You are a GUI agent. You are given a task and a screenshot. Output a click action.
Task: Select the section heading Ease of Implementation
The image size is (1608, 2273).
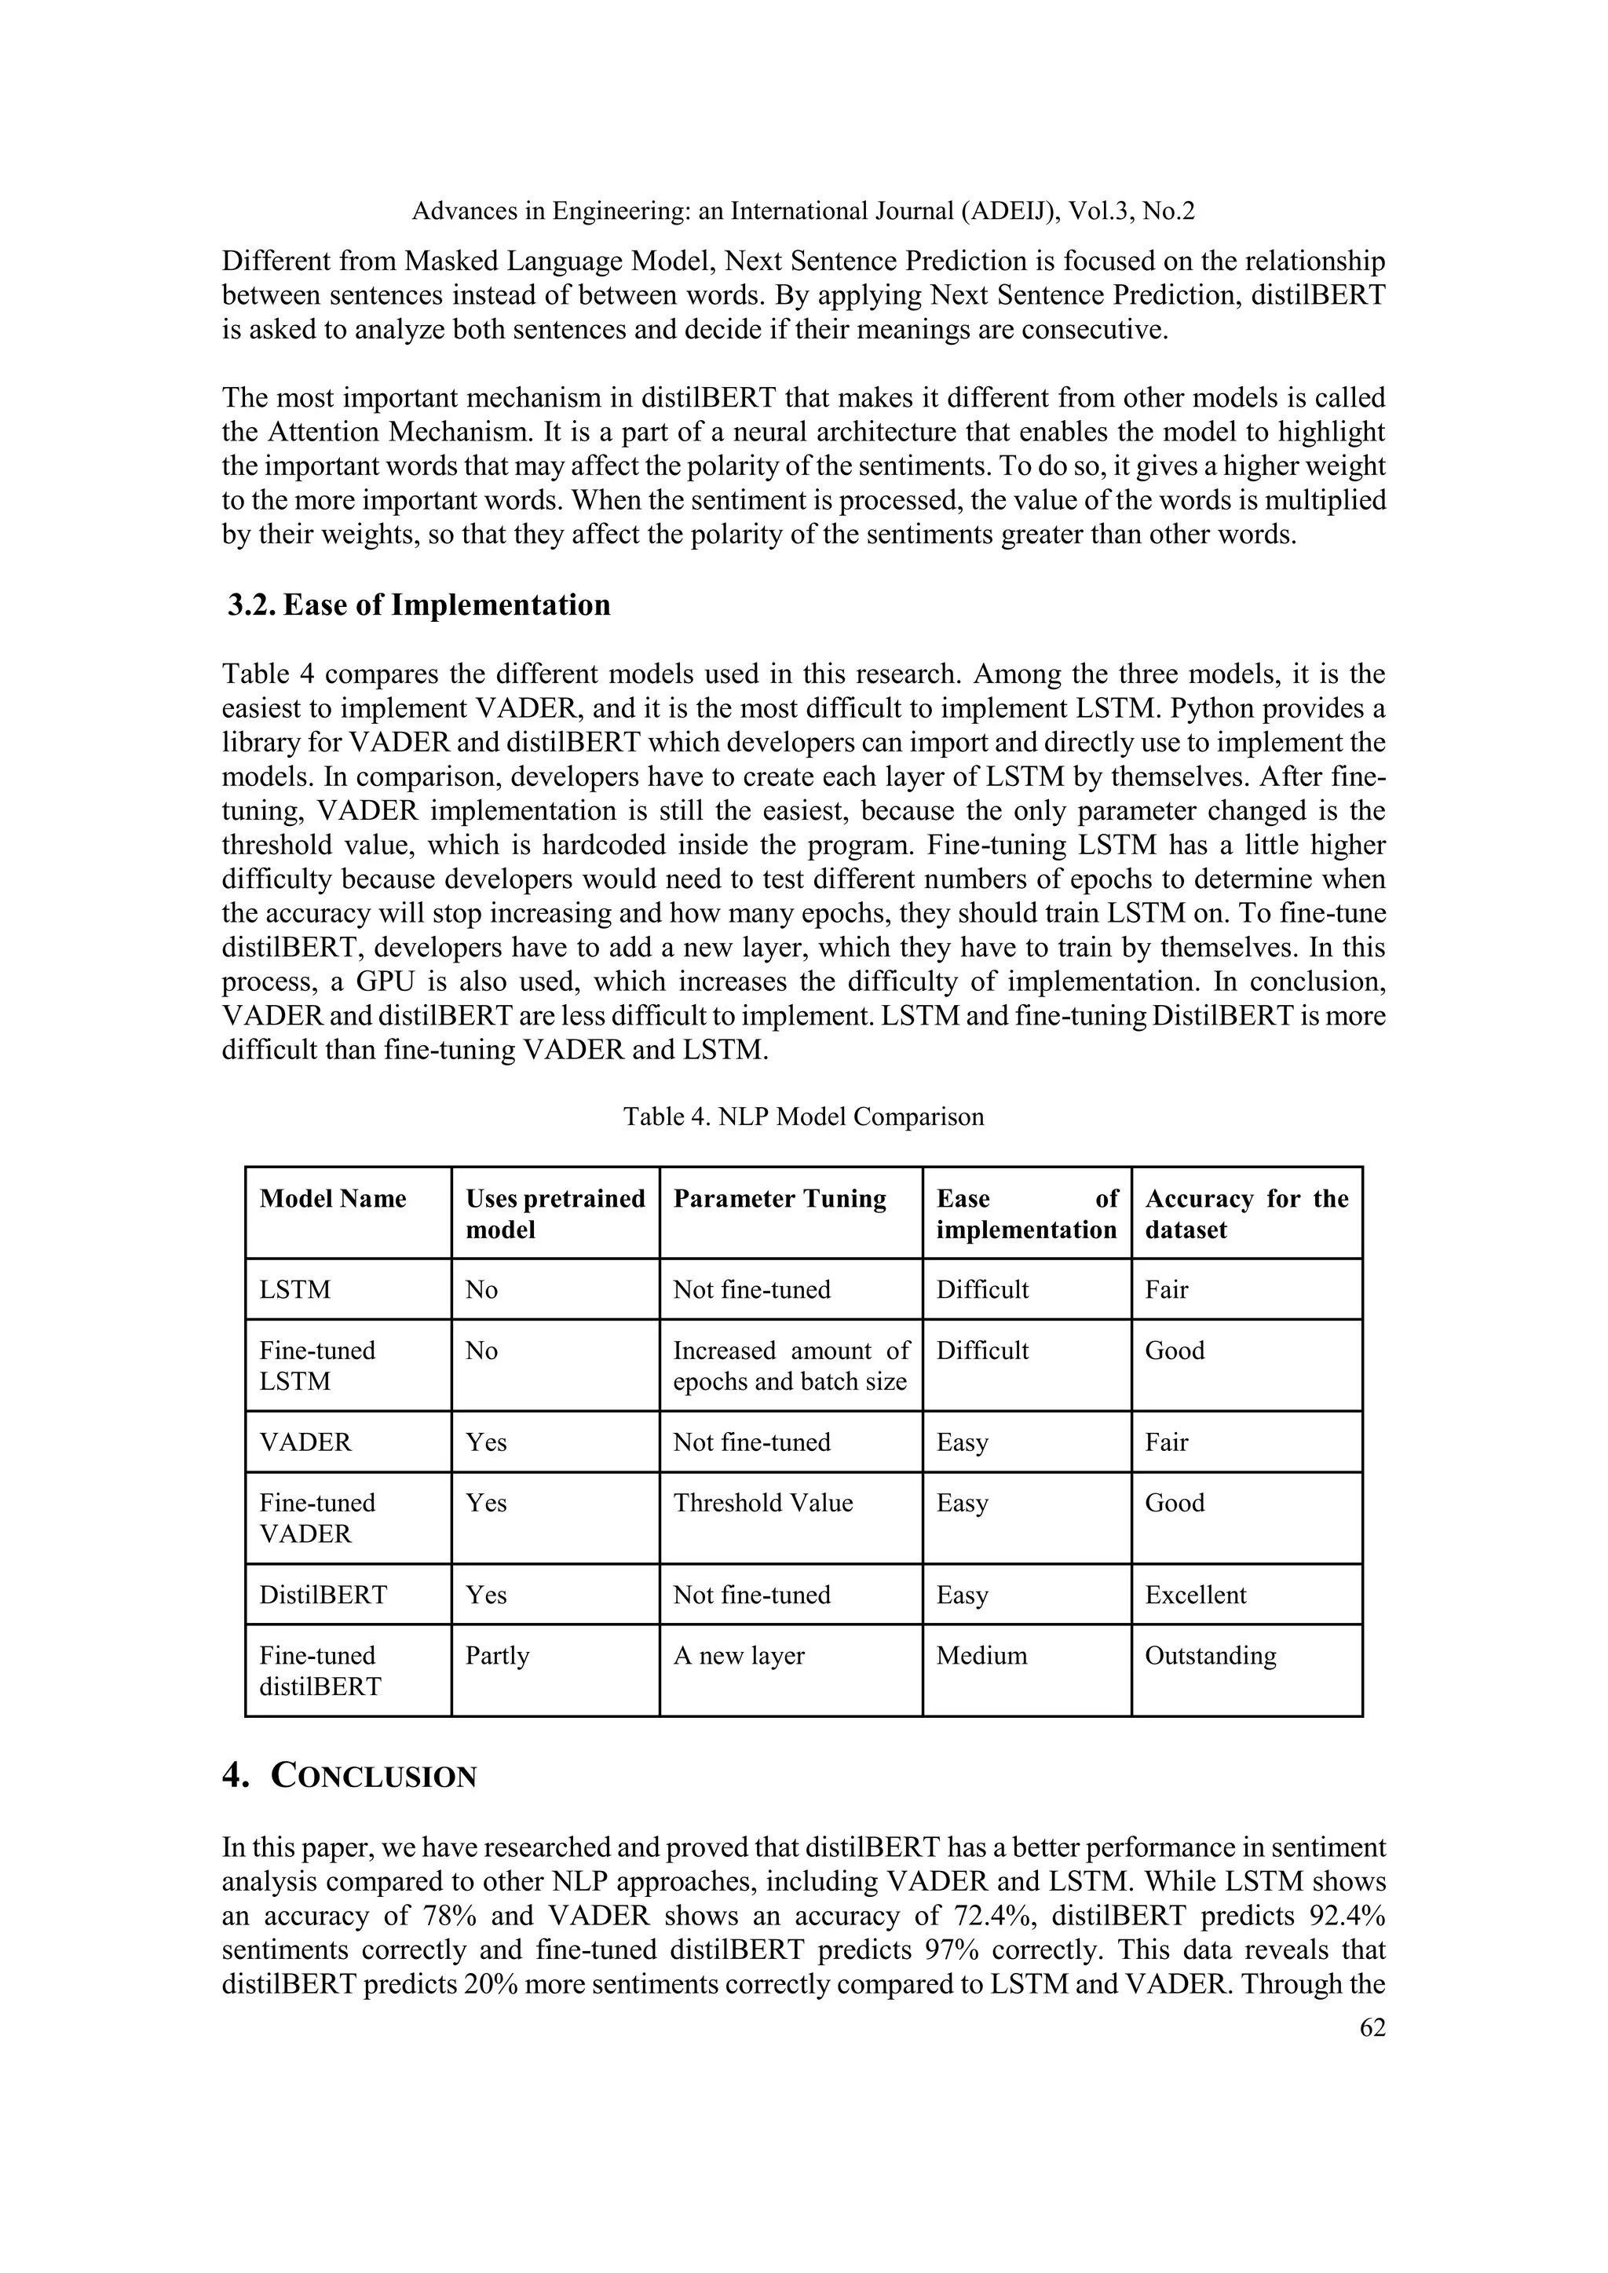[x=447, y=605]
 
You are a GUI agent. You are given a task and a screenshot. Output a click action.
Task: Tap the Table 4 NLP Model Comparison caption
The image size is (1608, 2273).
[x=803, y=1116]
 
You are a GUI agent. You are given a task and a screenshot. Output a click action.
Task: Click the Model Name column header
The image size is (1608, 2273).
[x=333, y=1199]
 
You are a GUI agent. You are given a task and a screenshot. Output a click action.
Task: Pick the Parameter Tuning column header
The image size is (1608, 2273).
[x=779, y=1199]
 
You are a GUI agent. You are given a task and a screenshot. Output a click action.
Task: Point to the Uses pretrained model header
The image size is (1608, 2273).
[x=554, y=1214]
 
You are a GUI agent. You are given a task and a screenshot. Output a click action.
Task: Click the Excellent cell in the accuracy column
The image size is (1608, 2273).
[x=1195, y=1595]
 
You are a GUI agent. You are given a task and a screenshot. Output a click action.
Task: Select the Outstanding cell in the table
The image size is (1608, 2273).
[x=1210, y=1655]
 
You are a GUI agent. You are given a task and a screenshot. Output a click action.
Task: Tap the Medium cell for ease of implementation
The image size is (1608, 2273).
[x=981, y=1655]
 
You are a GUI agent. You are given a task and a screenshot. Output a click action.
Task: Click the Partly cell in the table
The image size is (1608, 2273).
[x=497, y=1655]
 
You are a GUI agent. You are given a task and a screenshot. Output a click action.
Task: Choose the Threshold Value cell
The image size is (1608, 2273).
[x=762, y=1503]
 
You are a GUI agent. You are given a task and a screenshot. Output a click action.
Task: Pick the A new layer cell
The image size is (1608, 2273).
[x=739, y=1655]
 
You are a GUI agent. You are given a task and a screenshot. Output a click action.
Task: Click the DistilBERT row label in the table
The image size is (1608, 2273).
[x=323, y=1595]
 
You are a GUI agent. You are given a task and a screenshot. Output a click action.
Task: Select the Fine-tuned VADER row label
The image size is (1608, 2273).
[x=317, y=1518]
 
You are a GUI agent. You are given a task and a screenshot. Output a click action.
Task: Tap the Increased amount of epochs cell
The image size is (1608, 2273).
[x=790, y=1365]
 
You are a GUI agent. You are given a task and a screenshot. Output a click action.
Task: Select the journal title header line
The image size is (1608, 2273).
[x=803, y=211]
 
